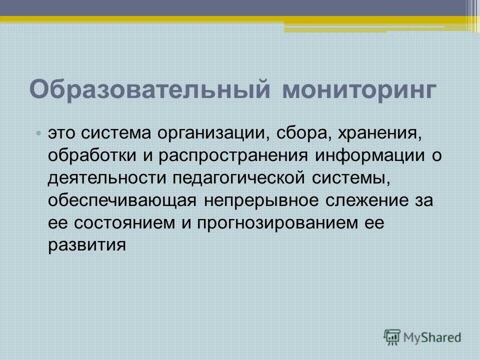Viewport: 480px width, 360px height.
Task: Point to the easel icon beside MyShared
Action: click(393, 336)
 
